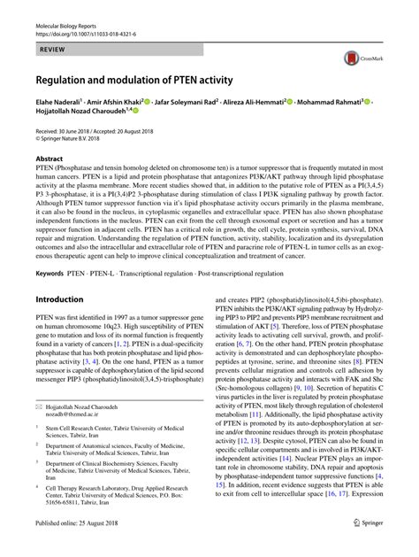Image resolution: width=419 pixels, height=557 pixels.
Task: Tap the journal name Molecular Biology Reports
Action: [68, 7]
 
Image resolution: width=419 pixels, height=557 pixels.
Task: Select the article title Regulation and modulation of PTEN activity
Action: [133, 81]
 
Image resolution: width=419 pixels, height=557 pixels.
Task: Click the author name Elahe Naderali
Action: [57, 102]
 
